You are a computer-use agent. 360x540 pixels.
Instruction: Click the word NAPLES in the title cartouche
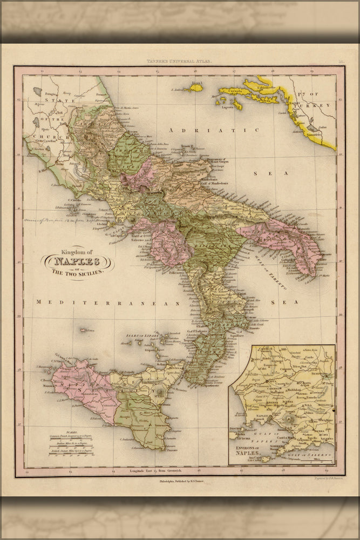[x=77, y=261]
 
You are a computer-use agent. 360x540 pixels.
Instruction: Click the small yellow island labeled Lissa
[x=195, y=87]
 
